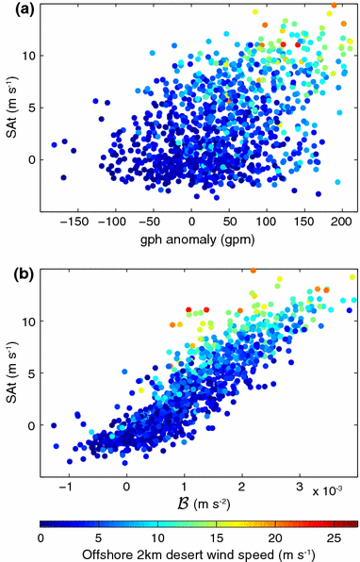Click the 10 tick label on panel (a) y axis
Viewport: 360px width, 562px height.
tap(28, 55)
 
